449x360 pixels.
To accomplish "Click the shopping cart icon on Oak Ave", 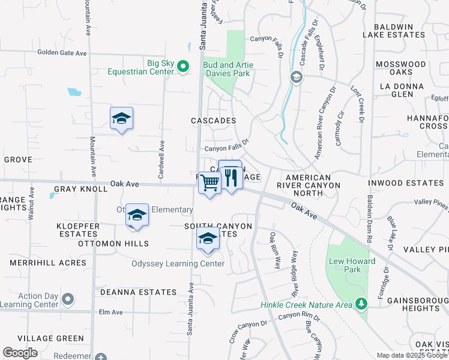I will pos(209,182).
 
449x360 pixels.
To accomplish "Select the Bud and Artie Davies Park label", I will pos(228,69).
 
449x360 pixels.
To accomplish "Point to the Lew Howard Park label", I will pos(352,265).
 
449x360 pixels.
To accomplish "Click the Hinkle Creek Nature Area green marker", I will pos(360,305).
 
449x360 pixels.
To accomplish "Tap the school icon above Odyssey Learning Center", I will pos(208,238).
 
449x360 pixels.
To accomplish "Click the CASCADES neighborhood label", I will pos(213,121).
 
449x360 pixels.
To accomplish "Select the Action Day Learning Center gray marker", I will pos(68,299).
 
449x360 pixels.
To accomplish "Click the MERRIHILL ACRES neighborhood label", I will pos(48,263).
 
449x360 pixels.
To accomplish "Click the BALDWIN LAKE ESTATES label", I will pos(399,31).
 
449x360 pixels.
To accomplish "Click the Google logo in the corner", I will pos(20,353).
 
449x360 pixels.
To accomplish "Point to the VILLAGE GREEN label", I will pos(50,338).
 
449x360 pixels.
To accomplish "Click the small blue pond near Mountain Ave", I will pos(74,92).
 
